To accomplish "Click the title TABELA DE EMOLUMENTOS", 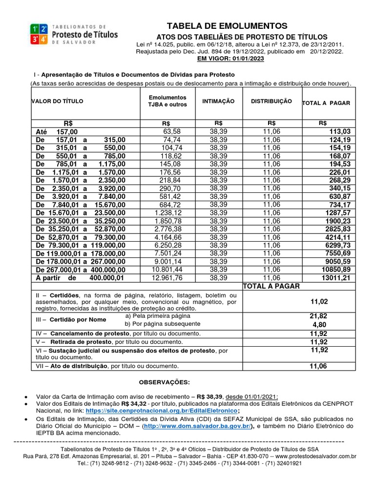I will (x=227, y=26).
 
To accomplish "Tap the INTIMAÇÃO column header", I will (x=218, y=101).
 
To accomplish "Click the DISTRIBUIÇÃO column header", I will (x=271, y=101).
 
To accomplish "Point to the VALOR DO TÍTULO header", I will (x=58, y=101).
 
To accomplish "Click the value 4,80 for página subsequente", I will (x=318, y=324).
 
